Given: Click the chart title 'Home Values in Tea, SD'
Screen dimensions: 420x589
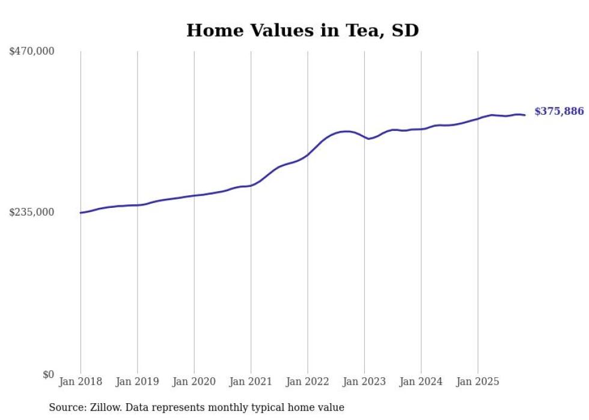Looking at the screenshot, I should pos(302,31).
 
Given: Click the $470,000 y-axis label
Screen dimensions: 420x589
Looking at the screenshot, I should pos(32,51).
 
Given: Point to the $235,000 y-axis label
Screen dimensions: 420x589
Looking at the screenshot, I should pos(32,212).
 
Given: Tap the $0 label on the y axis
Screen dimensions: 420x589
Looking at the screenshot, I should pos(48,374).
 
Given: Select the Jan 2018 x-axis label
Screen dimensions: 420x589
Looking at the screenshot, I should pos(81,382).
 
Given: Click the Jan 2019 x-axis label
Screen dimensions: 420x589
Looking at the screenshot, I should pos(137,382).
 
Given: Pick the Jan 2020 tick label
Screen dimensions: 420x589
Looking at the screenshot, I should pos(194,382).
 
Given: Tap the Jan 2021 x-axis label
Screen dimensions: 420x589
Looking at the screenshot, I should pos(251,382).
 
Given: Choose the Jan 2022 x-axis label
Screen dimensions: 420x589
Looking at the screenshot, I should pos(308,382).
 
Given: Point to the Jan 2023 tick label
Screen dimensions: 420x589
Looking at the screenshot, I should pos(364,382).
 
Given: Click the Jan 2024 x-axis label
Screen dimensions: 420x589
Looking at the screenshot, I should pos(421,382).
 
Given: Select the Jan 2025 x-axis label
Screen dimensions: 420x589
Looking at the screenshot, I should pos(478,382).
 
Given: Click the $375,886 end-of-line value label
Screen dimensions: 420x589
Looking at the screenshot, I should pos(559,111).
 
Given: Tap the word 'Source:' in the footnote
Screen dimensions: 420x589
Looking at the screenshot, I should pos(66,407).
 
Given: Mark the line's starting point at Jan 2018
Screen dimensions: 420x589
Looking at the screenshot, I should pos(81,213).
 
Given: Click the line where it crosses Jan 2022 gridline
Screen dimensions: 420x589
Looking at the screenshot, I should pos(308,154).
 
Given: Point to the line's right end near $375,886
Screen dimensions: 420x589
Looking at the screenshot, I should pos(525,115).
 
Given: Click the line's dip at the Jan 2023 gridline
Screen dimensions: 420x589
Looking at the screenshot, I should pos(368,139).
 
